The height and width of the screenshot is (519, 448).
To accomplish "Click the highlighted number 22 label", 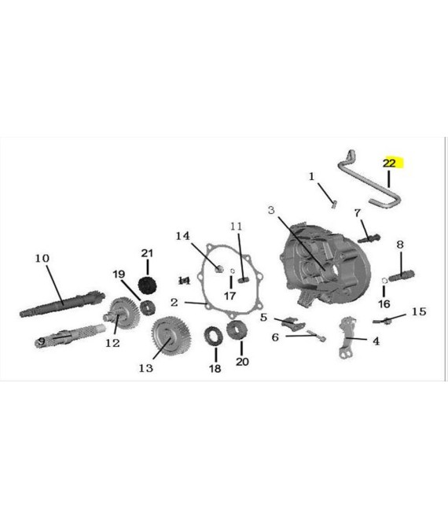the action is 389,163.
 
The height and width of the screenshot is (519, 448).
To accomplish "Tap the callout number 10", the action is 42,258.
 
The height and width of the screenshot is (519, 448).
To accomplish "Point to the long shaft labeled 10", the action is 63,304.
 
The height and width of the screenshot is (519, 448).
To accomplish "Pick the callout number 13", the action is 145,368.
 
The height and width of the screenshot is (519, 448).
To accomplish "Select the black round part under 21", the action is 147,285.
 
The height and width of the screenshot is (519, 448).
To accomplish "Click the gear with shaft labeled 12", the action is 121,312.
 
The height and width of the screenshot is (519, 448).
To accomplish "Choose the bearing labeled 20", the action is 237,330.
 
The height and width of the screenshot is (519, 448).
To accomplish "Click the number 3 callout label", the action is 271,210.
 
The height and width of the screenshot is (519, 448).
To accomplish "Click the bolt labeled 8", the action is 402,275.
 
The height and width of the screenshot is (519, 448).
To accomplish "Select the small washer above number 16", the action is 384,281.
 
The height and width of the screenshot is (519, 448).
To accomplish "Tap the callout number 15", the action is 419,311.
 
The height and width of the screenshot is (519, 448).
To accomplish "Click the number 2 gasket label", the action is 174,302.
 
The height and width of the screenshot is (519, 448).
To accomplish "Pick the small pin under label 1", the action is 334,205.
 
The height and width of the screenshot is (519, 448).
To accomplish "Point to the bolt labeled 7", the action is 369,238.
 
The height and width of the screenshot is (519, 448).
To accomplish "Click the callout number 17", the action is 230,296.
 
